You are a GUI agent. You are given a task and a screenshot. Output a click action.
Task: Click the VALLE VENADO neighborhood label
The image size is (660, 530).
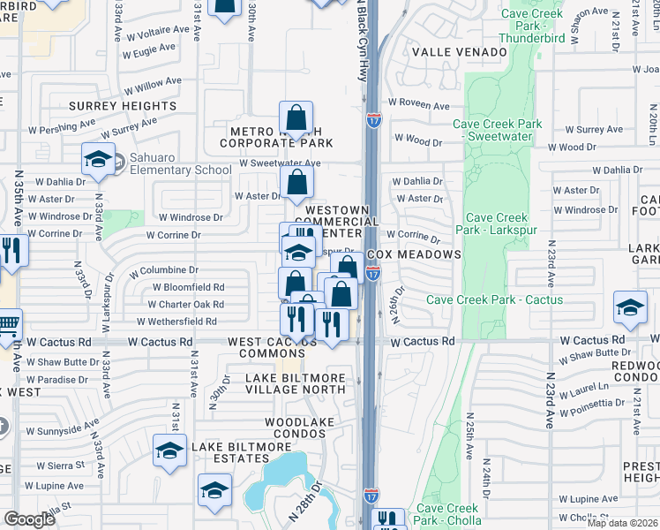[459, 52]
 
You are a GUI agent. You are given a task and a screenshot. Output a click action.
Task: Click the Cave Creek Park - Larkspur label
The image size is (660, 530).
[497, 224]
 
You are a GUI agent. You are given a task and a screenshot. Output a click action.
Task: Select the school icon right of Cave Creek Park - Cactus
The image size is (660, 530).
[630, 308]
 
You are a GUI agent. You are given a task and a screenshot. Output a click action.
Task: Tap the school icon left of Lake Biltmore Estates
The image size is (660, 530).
[169, 450]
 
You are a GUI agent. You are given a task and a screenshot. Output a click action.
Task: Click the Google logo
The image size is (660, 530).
[29, 519]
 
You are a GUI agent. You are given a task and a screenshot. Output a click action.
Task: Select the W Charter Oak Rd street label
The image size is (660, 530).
[187, 305]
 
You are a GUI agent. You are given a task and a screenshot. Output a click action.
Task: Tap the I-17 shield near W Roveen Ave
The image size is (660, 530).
[373, 119]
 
